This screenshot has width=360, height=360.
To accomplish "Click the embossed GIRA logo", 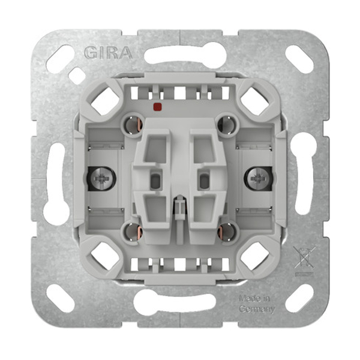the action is (x=109, y=53).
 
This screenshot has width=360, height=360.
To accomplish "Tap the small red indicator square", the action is (x=157, y=106).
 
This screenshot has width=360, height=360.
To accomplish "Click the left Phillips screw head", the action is (x=101, y=178).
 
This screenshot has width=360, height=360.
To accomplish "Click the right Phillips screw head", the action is (x=258, y=178).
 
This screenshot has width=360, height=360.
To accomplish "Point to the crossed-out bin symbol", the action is (x=304, y=257).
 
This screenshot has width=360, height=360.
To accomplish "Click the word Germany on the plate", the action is (x=257, y=309).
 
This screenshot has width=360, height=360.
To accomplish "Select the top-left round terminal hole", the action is (x=133, y=125).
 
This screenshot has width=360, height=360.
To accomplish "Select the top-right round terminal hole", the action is (x=227, y=125).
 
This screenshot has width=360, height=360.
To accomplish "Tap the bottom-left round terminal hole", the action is (x=133, y=232).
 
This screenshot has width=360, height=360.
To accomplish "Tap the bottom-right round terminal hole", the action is (x=227, y=232).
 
